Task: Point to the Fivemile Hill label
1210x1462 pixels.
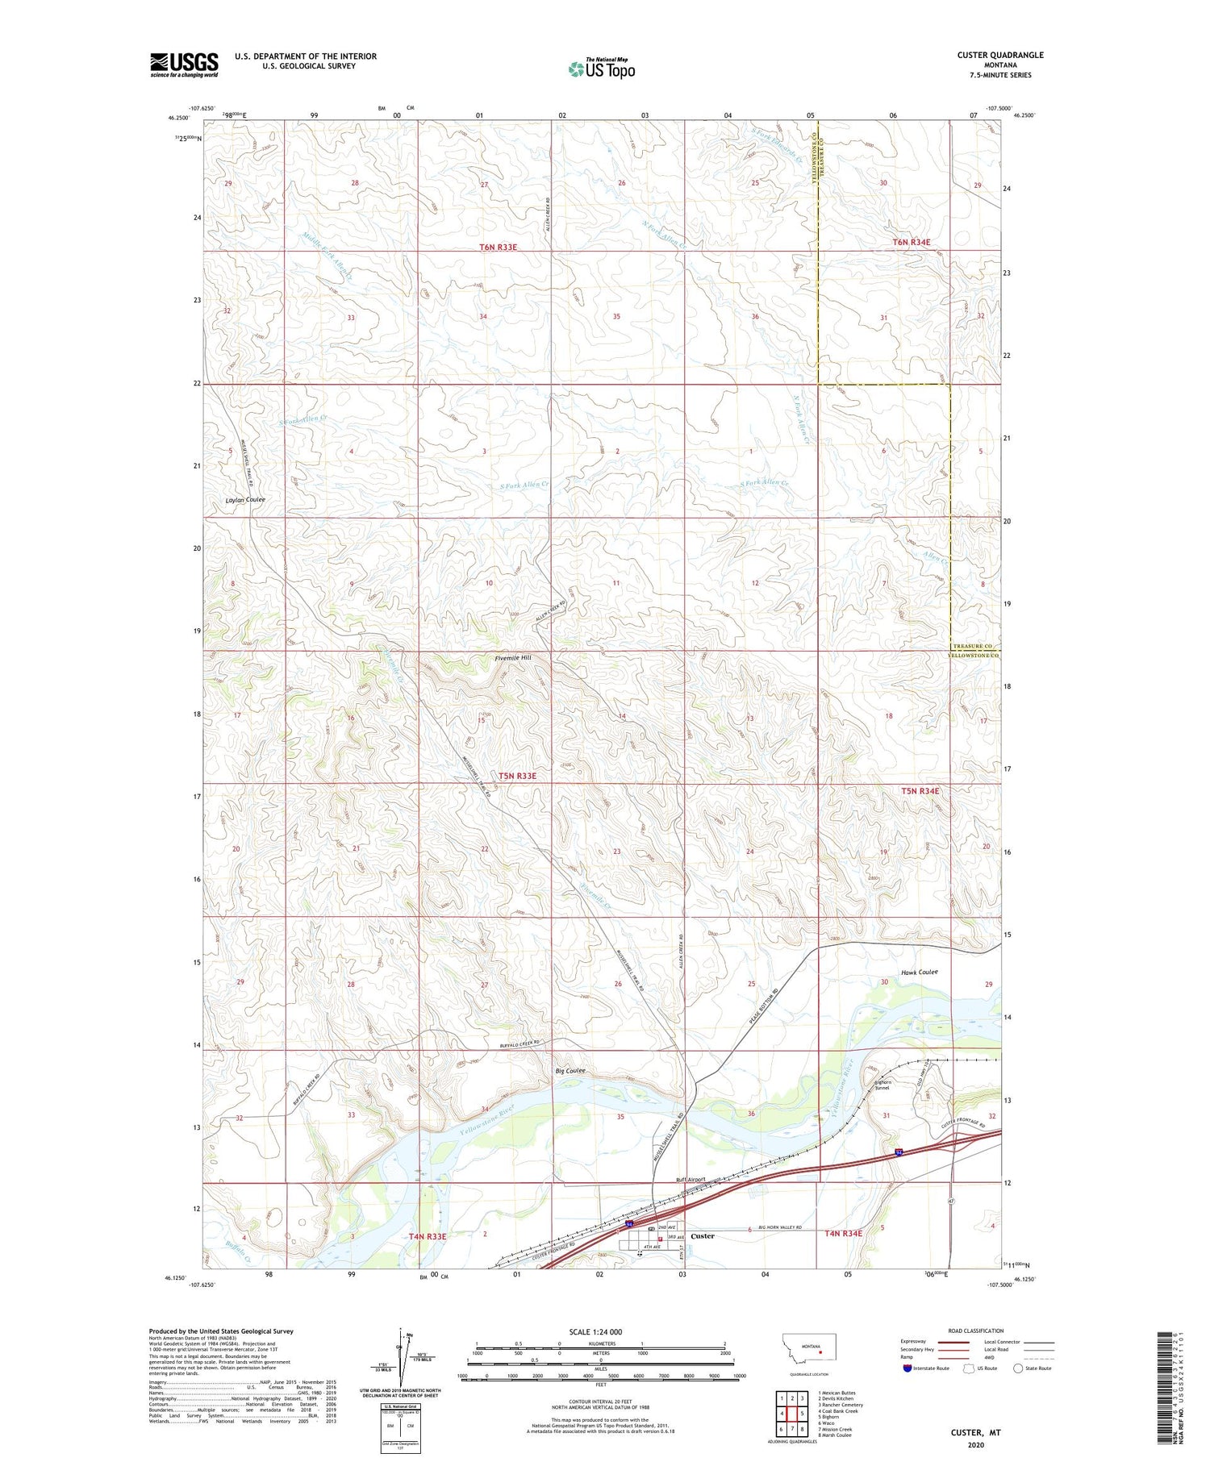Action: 513,659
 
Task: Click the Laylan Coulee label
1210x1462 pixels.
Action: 244,500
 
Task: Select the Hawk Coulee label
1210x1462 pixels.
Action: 919,973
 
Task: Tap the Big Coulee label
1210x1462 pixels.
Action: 570,1072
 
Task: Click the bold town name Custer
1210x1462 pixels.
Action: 703,1235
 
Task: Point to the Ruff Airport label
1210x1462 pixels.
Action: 691,1180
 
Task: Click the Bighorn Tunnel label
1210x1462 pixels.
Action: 887,1084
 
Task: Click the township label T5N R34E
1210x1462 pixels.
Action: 920,791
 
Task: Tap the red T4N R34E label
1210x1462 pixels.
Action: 843,1233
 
